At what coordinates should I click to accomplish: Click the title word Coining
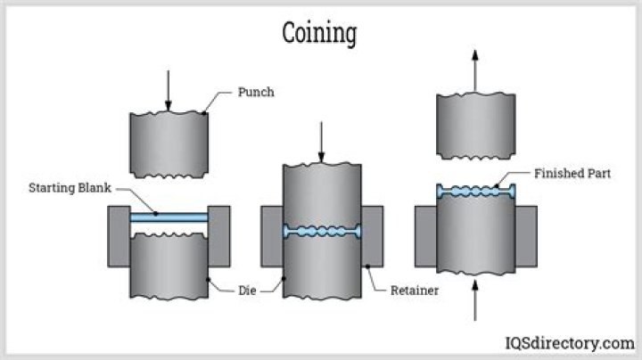click(319, 33)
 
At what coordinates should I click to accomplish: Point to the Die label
click(249, 290)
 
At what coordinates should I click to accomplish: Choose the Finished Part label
click(571, 173)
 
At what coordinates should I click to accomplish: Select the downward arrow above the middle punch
click(321, 140)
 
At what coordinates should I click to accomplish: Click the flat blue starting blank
click(169, 217)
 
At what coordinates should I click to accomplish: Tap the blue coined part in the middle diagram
click(322, 231)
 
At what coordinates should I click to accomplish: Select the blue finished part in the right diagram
click(475, 190)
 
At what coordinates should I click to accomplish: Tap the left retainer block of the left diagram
click(119, 236)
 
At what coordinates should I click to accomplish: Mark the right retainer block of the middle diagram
click(372, 236)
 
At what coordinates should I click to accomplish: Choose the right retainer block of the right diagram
click(526, 236)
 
